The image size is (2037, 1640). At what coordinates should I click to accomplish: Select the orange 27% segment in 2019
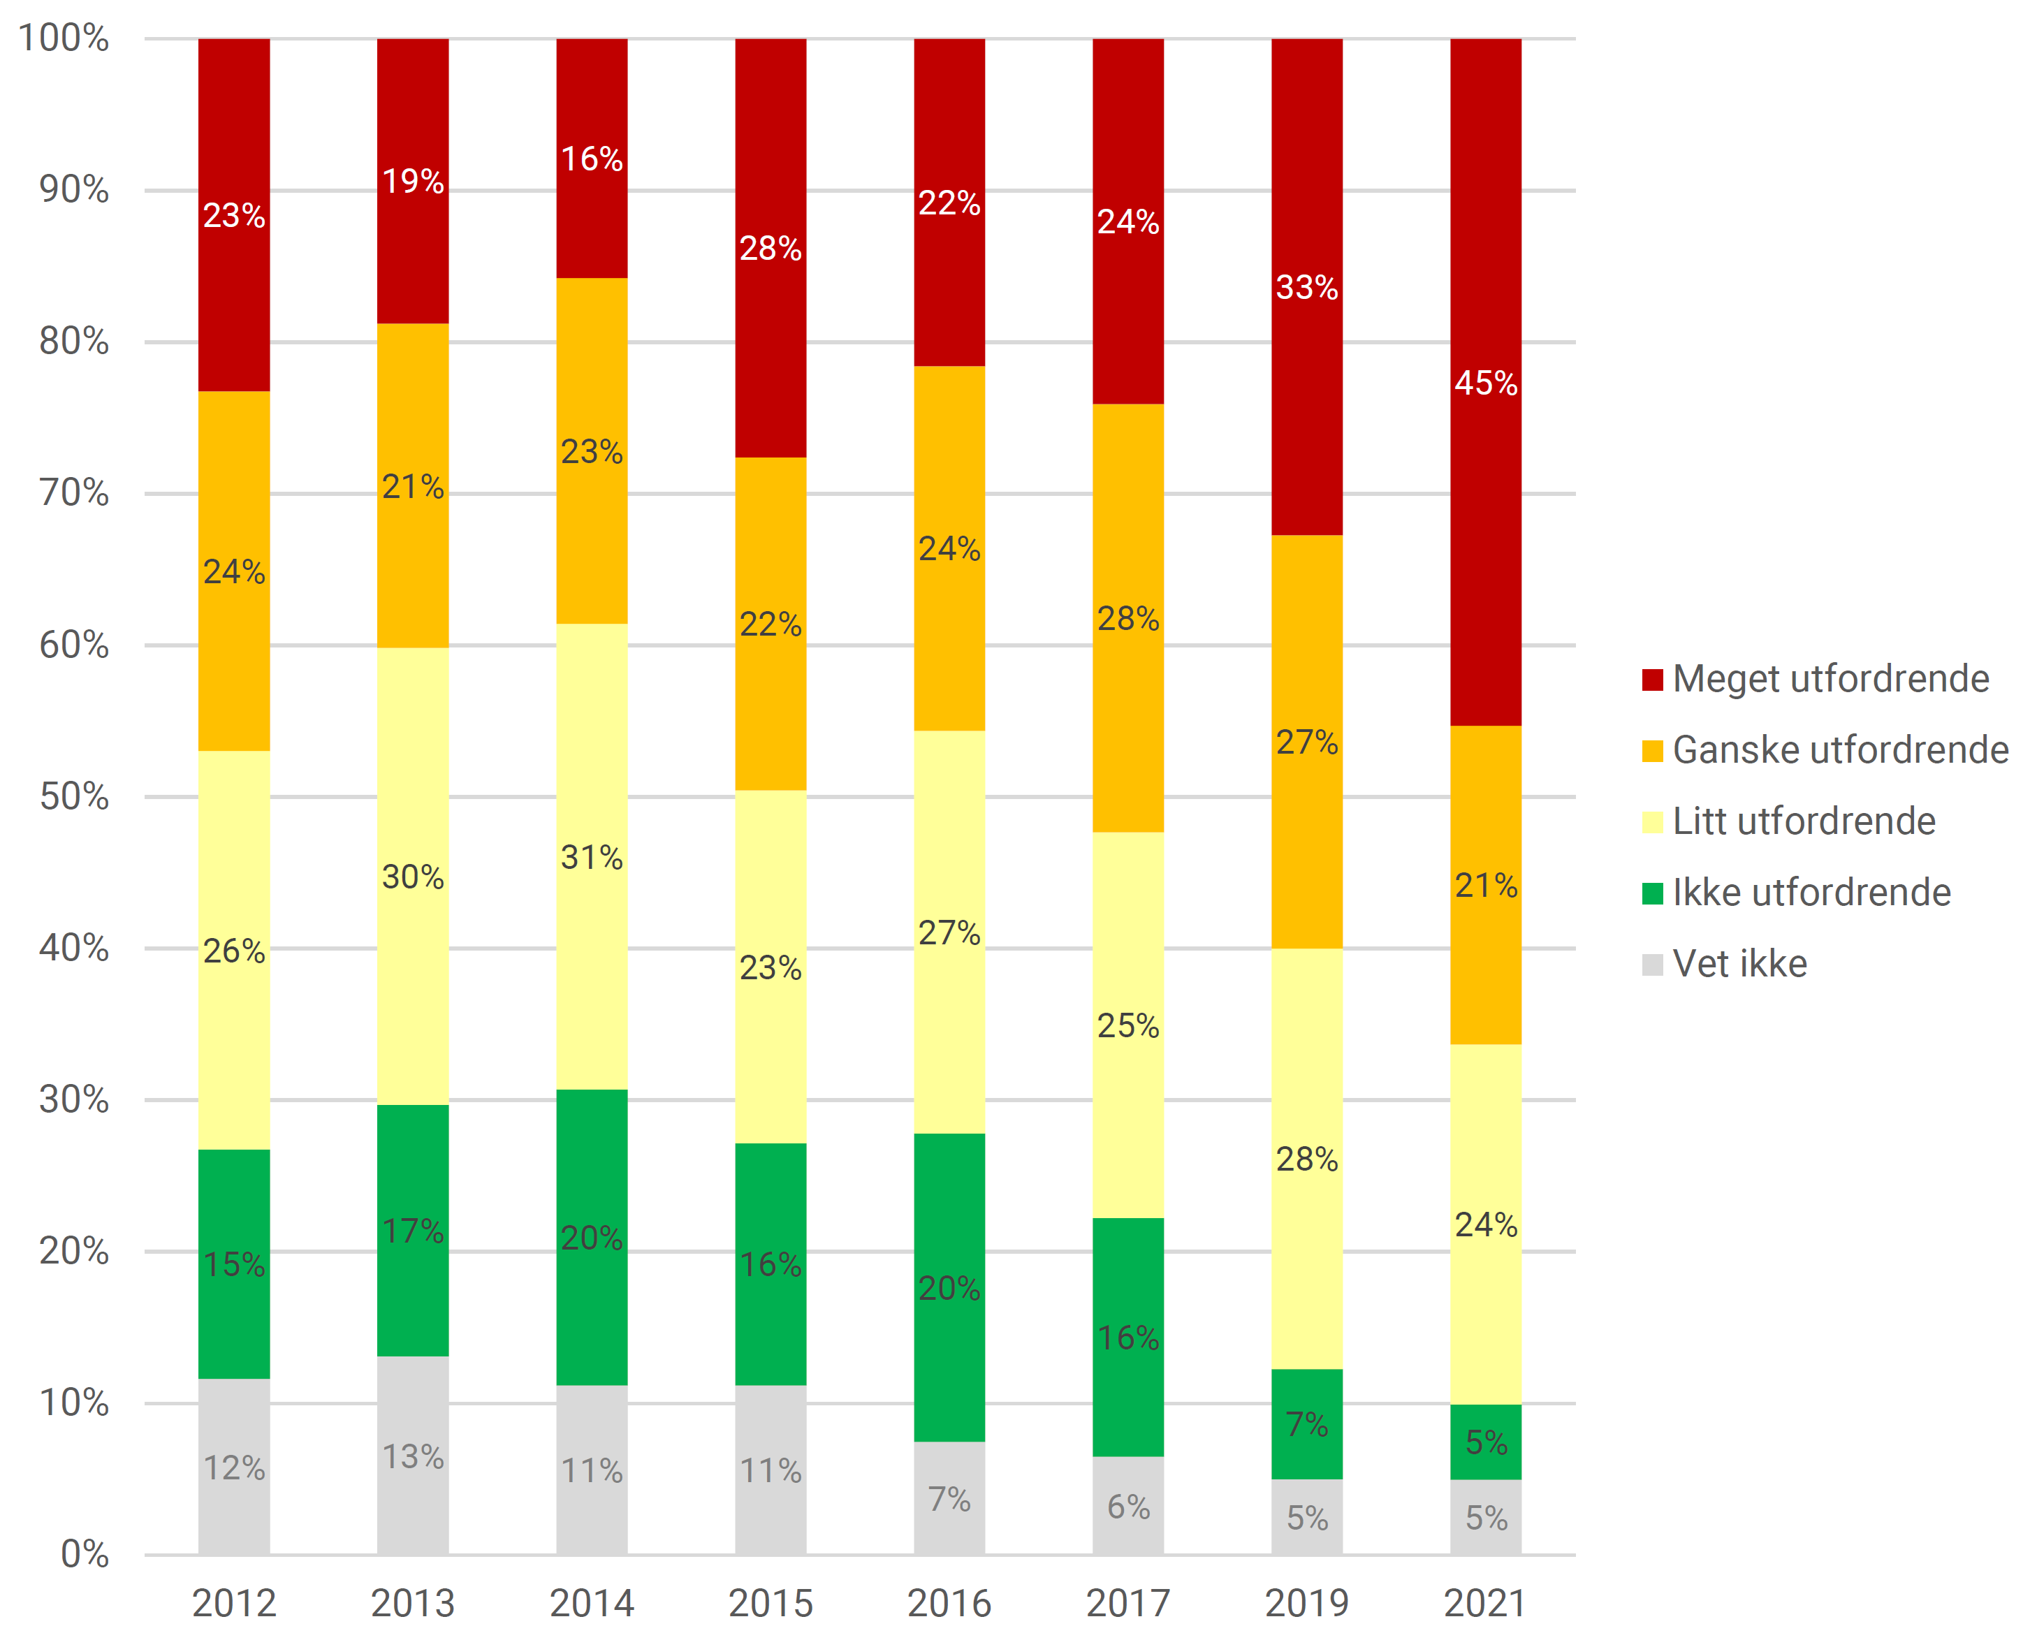click(1307, 742)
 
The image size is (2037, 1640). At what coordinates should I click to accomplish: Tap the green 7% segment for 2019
click(1307, 1423)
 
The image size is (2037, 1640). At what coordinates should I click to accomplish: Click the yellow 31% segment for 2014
click(592, 857)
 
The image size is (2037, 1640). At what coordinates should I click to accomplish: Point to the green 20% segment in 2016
click(949, 1288)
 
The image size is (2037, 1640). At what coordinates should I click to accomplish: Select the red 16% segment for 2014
click(592, 158)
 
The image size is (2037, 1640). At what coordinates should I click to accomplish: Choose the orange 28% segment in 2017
click(1128, 618)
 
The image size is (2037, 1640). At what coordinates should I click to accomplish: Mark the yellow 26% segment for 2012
click(234, 951)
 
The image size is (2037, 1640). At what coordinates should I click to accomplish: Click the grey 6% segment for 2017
click(1128, 1506)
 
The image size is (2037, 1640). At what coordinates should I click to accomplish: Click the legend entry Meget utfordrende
click(1830, 678)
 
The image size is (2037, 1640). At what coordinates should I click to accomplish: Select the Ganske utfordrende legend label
click(1839, 750)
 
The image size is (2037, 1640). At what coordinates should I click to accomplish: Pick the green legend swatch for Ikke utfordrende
click(1653, 893)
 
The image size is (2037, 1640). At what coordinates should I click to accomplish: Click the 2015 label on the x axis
click(771, 1603)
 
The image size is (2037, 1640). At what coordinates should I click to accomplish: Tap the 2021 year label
click(1485, 1603)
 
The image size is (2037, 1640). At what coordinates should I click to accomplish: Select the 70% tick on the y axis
click(73, 492)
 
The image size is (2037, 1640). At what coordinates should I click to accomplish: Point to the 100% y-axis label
click(64, 38)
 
